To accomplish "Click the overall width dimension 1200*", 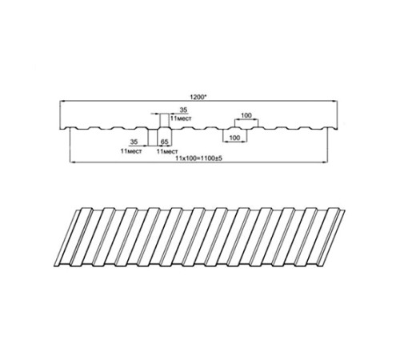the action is [198, 97].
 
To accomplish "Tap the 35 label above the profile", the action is [183, 110].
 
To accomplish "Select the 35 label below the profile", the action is [134, 142].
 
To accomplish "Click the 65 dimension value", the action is [165, 142].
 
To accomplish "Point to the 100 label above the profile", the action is [246, 115].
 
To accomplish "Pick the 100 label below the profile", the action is [234, 138].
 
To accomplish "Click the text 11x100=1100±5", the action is [199, 158].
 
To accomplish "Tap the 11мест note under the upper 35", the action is [181, 118].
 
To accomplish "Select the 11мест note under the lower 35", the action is [131, 151].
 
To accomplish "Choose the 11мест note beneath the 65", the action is [167, 151].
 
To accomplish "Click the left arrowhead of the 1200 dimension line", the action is [62, 102].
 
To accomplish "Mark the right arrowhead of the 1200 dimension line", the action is [335, 102].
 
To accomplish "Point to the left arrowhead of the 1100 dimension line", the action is [72, 162].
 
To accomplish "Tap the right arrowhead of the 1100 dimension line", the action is [325, 162].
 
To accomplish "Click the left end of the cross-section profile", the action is [60, 130].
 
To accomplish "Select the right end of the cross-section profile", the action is [337, 130].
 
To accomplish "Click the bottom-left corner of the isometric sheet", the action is [54, 266].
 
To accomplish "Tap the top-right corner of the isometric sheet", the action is [345, 210].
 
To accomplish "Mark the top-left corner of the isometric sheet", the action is [75, 210].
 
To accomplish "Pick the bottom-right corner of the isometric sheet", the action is [324, 266].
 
